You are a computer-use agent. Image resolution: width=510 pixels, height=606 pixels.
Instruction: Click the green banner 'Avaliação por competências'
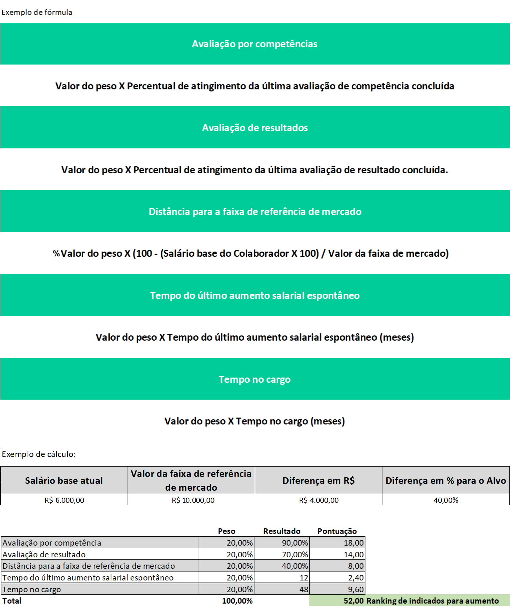coord(254,44)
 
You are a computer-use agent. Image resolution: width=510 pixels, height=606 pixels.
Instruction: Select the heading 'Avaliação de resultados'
coord(255,128)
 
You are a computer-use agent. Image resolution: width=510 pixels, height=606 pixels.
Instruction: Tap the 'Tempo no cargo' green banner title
coord(254,379)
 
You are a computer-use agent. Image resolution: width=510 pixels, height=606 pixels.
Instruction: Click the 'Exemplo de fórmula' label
coord(37,12)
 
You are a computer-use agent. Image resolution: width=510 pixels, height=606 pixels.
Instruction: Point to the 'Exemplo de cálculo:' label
coord(39,454)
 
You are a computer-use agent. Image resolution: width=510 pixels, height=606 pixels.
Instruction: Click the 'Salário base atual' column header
coord(64,480)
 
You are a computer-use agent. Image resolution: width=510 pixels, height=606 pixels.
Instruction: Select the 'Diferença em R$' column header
coord(318,480)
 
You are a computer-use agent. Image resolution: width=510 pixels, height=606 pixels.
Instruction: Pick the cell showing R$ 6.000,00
coord(64,500)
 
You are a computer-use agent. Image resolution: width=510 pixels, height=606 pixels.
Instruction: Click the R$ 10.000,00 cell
coord(193,500)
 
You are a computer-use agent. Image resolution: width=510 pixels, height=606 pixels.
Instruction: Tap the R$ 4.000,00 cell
coord(319,500)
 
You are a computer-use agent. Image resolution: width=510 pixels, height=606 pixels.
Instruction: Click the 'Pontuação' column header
coord(337,531)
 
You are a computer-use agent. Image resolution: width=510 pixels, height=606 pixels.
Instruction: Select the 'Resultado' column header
coord(282,531)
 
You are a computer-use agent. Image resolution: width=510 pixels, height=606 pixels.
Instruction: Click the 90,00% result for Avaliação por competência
coord(295,543)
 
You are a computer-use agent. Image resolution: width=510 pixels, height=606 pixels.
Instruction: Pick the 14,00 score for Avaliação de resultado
coord(354,555)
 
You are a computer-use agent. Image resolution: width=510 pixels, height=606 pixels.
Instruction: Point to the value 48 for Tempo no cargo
coord(304,589)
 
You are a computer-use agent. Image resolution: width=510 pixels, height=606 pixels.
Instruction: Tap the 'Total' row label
coord(12,601)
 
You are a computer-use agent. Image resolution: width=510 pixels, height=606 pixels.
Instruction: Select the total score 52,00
coord(353,601)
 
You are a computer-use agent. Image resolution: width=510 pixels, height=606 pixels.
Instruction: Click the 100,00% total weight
coord(237,601)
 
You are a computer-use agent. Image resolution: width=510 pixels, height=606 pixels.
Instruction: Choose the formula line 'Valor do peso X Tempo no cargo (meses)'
coord(254,421)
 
